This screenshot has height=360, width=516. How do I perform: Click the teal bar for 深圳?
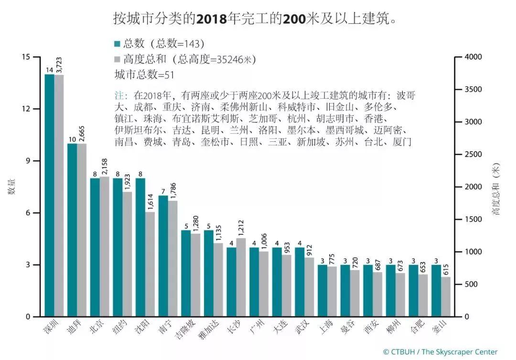(x=49, y=196)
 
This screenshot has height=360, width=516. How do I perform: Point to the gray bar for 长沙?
(x=241, y=277)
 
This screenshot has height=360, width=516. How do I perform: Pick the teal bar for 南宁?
(x=163, y=256)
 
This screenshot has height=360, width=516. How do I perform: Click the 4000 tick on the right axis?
(x=473, y=57)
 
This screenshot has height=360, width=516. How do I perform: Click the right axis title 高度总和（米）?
(x=497, y=189)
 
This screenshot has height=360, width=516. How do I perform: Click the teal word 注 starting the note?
(x=118, y=95)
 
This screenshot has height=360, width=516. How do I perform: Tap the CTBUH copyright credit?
(x=440, y=352)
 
